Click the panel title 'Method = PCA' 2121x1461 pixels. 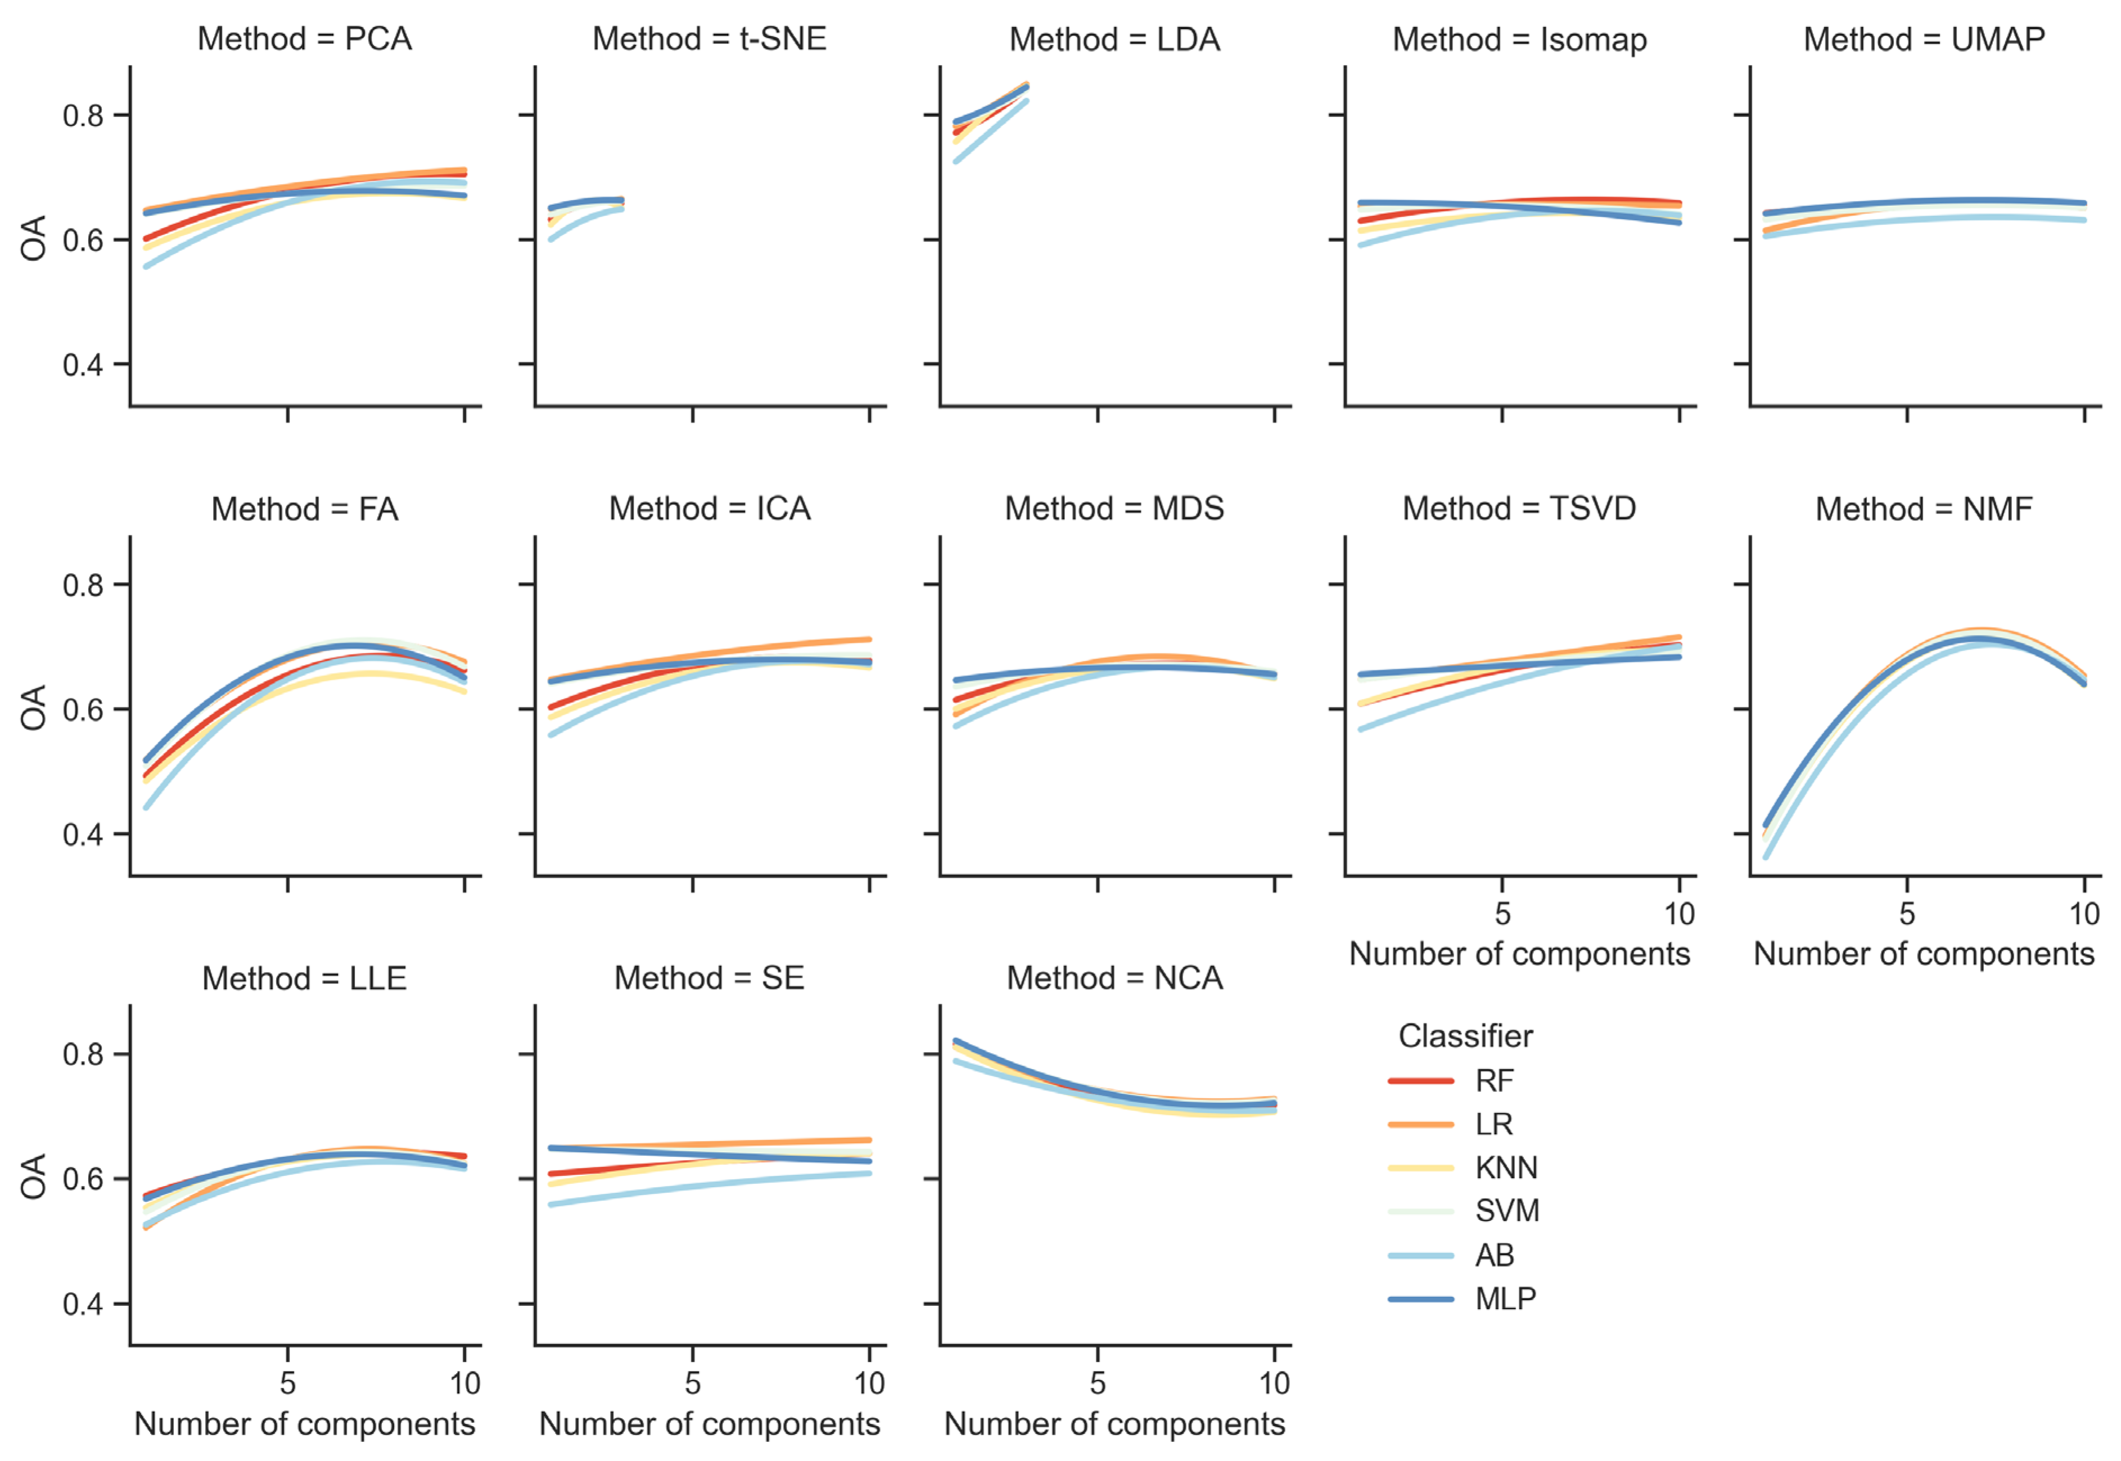pyautogui.click(x=305, y=39)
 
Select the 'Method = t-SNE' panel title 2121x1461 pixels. pyautogui.click(x=710, y=39)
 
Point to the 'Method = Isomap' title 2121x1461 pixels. pyautogui.click(x=1519, y=39)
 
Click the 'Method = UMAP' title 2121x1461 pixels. pyautogui.click(x=1924, y=39)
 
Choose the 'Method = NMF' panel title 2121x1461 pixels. pyautogui.click(x=1924, y=509)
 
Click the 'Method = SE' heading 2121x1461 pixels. pyautogui.click(x=710, y=978)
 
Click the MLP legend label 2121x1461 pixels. pyautogui.click(x=1505, y=1299)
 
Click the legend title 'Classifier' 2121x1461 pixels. pyautogui.click(x=1465, y=1036)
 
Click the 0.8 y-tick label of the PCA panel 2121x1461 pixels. pyautogui.click(x=83, y=116)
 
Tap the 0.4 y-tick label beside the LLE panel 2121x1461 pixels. pyautogui.click(x=83, y=1305)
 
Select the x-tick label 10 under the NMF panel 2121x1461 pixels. pyautogui.click(x=2084, y=914)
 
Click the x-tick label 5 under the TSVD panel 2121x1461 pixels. pyautogui.click(x=1502, y=914)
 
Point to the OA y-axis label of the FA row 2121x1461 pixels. pyautogui.click(x=34, y=707)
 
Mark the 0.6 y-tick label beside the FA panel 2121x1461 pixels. pyautogui.click(x=83, y=710)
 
